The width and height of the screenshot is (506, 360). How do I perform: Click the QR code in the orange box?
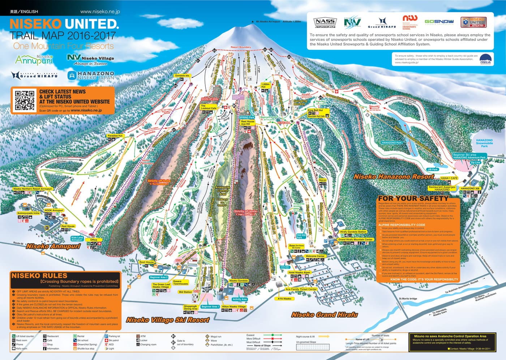[25, 100]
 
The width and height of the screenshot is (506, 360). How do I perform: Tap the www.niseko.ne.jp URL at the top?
[100, 12]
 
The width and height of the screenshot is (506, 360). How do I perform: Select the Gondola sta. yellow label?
[182, 76]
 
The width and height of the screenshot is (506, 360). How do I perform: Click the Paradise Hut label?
[115, 136]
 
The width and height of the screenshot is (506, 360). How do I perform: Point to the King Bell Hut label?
[315, 110]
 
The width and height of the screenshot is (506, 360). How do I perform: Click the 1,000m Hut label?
[265, 85]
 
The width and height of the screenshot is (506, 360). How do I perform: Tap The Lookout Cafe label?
[208, 107]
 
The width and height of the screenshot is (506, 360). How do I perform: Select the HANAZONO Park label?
[391, 143]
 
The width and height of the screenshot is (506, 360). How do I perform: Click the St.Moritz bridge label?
[408, 299]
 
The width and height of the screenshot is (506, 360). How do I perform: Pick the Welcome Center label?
[315, 256]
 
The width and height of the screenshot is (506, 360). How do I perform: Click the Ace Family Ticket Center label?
[301, 289]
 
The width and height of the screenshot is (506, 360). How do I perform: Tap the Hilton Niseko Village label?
[233, 307]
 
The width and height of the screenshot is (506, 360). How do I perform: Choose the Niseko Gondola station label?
[238, 280]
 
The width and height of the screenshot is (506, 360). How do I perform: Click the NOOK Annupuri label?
[54, 210]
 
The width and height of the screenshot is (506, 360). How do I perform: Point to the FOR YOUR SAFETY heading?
[413, 198]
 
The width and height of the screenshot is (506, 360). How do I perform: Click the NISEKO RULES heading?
[39, 275]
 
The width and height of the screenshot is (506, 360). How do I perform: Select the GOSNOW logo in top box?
[439, 22]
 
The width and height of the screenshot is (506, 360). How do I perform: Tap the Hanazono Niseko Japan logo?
[91, 75]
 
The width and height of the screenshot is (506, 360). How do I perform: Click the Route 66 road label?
[18, 243]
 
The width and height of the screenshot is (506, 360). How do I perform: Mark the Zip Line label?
[475, 163]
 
